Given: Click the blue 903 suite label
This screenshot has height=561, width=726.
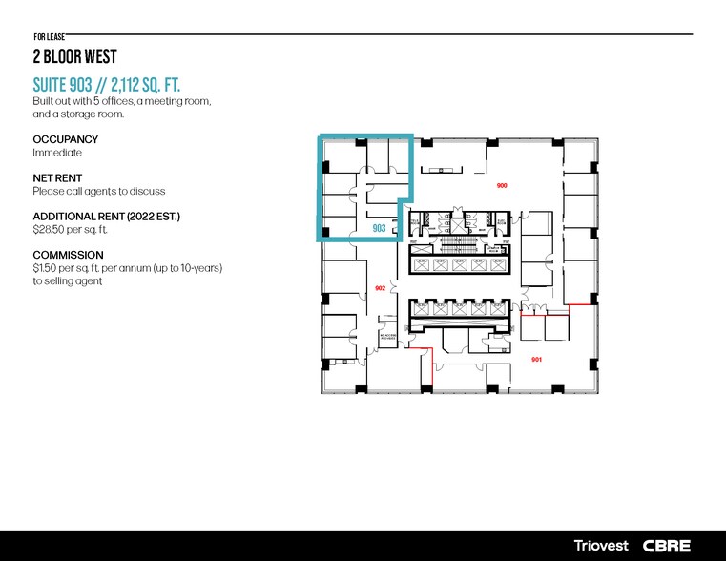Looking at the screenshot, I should (379, 229).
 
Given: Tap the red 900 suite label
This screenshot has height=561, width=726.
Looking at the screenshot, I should (502, 185).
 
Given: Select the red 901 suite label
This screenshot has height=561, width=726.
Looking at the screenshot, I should (536, 359).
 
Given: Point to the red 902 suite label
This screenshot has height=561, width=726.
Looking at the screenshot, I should (380, 287).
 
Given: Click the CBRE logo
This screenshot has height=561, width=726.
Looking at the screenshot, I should (667, 546).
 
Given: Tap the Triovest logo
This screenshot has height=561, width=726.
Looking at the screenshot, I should (602, 546).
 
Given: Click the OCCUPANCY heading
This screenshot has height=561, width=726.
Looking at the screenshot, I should (65, 139).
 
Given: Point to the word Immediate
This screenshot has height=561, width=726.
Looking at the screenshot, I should (57, 153).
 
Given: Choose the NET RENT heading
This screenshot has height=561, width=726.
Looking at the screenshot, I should (57, 178).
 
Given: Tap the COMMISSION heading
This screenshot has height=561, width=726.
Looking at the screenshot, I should (68, 256).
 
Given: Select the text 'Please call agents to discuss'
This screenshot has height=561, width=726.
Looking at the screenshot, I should (99, 191).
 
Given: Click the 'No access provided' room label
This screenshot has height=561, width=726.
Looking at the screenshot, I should (386, 338).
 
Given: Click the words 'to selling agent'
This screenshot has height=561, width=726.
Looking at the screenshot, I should (68, 281).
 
